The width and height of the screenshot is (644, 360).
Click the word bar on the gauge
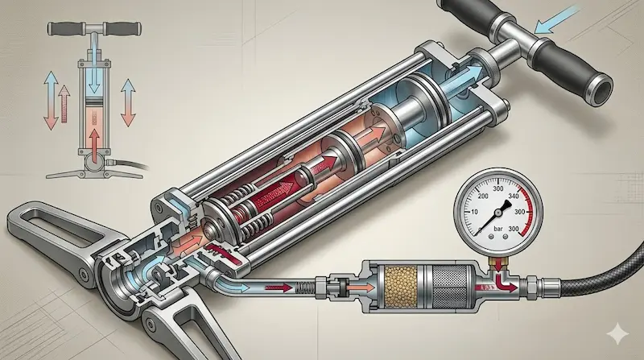click(498, 229)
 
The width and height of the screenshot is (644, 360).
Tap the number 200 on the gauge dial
click(484, 196)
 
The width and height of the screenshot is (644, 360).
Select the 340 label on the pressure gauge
click(514, 196)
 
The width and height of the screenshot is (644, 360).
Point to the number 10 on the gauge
click(475, 212)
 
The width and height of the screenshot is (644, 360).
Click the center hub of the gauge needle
click(498, 212)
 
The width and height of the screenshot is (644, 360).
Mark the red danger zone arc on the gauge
click(527, 212)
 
